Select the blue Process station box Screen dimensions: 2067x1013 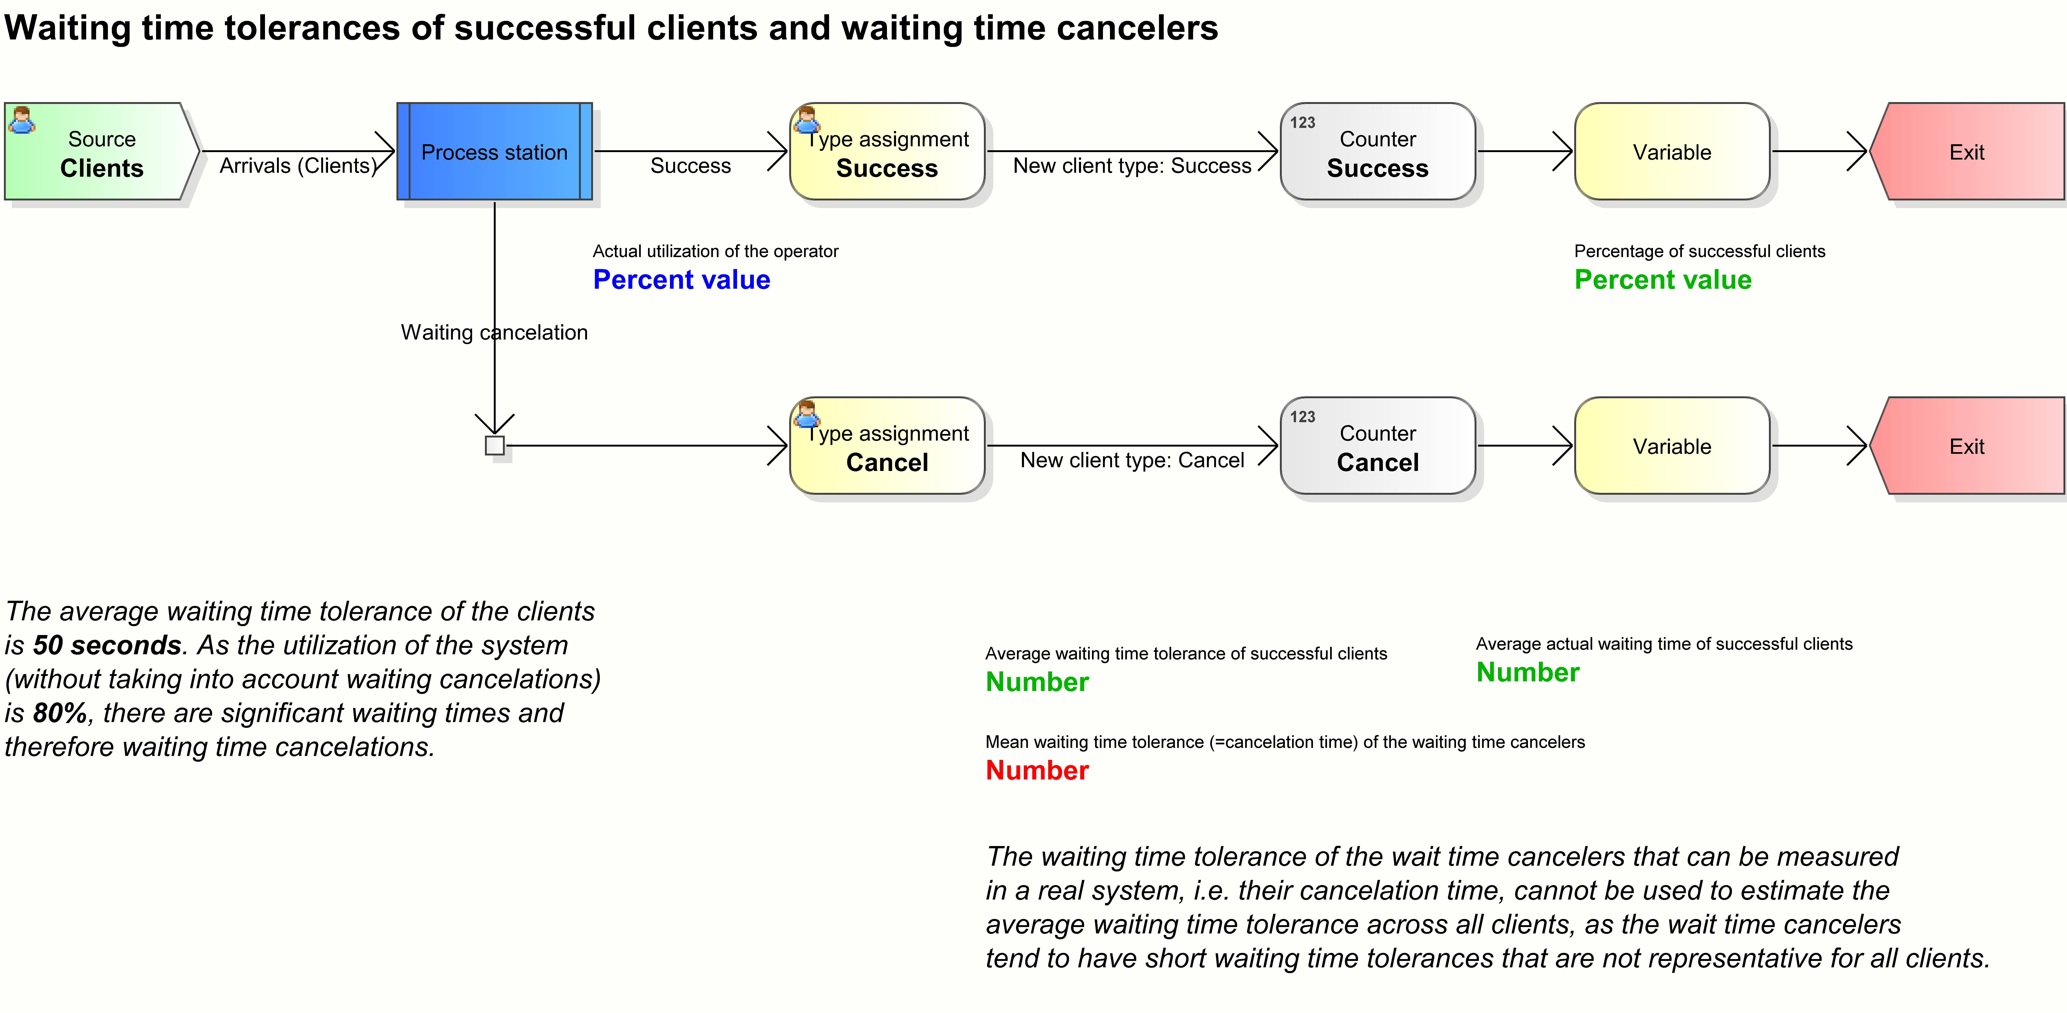coord(494,152)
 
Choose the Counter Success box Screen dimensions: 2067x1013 coord(1378,152)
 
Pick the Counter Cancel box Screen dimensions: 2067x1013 coord(1378,446)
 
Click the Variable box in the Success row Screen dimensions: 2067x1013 coord(1672,152)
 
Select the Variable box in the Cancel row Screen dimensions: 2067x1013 coord(1672,446)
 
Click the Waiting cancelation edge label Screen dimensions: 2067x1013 coord(494,332)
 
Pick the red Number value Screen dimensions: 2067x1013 coord(1037,770)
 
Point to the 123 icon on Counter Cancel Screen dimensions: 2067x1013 coord(1302,417)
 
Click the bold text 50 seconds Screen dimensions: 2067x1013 coord(107,645)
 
